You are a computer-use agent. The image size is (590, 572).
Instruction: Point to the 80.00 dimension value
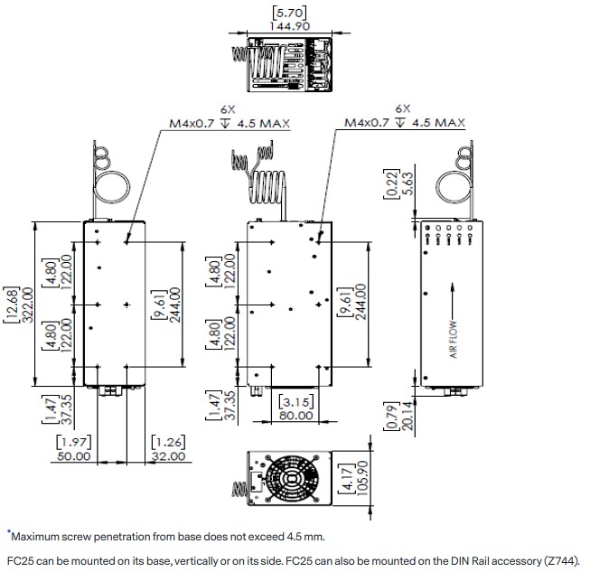[x=295, y=415]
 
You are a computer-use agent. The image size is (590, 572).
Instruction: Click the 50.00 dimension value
[x=73, y=456]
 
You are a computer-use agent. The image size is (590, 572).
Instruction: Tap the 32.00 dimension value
[x=168, y=456]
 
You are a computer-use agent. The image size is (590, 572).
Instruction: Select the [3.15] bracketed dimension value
[x=295, y=401]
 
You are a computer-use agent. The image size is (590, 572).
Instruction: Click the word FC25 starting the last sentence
[x=20, y=558]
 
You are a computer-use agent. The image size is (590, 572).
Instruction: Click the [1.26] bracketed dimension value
[x=168, y=442]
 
